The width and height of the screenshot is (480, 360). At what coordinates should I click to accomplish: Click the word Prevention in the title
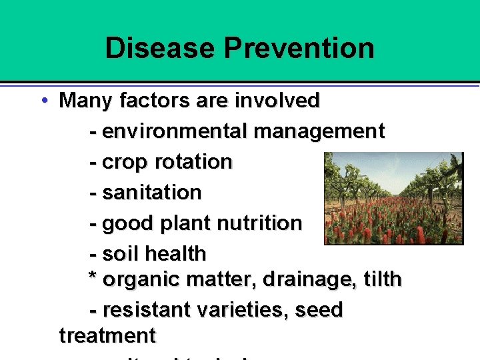(x=299, y=48)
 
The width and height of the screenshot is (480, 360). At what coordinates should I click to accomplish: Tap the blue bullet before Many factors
(x=43, y=101)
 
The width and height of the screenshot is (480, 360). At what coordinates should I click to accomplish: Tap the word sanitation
(x=152, y=193)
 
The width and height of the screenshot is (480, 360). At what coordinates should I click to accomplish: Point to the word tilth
(x=382, y=279)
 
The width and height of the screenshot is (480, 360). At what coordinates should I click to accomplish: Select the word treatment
(x=107, y=335)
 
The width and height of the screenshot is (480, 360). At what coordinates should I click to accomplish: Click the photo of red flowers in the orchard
(x=393, y=198)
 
